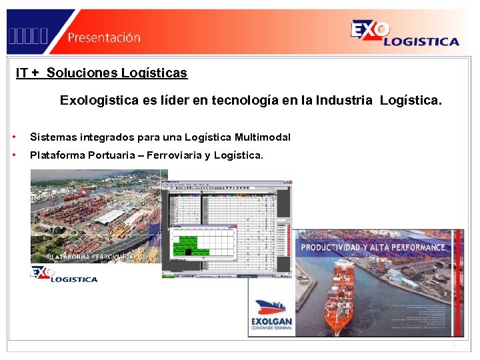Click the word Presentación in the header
(x=103, y=37)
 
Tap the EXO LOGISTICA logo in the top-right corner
(x=404, y=33)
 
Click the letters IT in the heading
(x=22, y=73)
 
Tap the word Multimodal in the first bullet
(x=263, y=137)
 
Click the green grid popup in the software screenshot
(x=203, y=241)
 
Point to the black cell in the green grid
(x=189, y=252)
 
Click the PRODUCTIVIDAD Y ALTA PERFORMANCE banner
(x=373, y=247)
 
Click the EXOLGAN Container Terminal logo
(x=270, y=316)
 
